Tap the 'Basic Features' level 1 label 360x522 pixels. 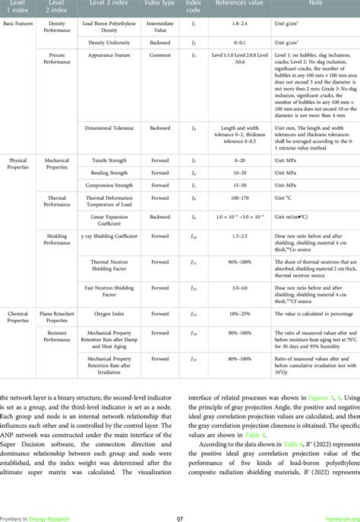(19, 24)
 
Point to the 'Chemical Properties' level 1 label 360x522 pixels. (18, 316)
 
